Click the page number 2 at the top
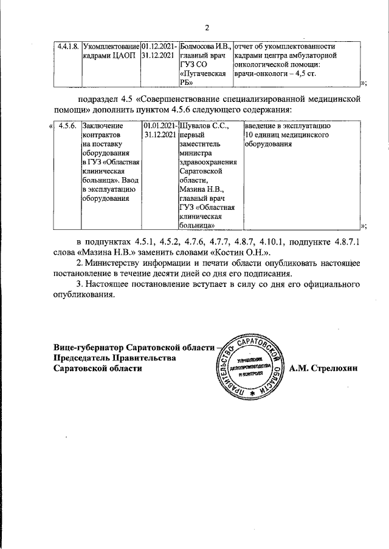pyautogui.click(x=207, y=27)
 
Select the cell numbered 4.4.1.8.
pyautogui.click(x=66, y=46)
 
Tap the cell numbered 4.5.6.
pyautogui.click(x=66, y=126)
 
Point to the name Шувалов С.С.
pyautogui.click(x=199, y=126)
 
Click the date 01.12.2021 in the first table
pyautogui.click(x=159, y=46)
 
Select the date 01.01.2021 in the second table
pyautogui.click(x=159, y=126)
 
